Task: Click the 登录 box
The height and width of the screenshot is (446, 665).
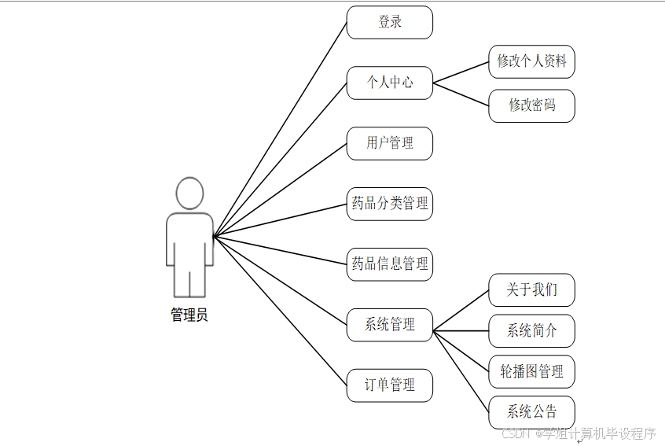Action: click(x=390, y=23)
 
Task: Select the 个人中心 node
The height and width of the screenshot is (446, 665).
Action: click(x=390, y=83)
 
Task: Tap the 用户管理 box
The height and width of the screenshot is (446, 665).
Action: click(x=390, y=143)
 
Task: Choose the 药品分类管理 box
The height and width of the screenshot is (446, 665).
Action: click(x=390, y=204)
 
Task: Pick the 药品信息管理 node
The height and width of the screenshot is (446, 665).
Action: click(x=390, y=264)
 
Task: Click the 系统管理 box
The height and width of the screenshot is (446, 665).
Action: click(x=390, y=324)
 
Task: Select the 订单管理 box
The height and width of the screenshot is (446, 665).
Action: click(x=390, y=385)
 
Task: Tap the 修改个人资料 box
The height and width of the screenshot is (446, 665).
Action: click(x=531, y=61)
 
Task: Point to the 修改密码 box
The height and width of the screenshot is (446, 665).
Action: click(x=531, y=105)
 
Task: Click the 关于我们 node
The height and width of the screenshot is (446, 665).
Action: click(x=531, y=290)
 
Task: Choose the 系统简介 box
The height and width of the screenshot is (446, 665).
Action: click(x=531, y=331)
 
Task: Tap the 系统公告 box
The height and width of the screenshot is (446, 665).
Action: click(x=531, y=412)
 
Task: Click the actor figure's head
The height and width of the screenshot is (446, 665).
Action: click(x=189, y=194)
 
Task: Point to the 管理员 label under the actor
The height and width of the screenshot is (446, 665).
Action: click(x=189, y=315)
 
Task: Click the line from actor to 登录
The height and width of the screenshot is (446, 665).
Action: click(x=280, y=129)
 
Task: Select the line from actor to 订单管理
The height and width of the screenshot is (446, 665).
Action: click(x=280, y=311)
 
